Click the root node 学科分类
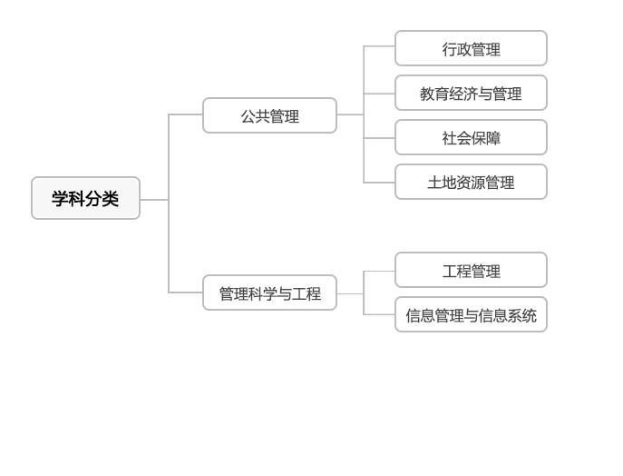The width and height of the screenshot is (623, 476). click(x=85, y=198)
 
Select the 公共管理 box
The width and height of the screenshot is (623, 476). click(x=269, y=115)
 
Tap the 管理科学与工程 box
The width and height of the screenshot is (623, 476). click(x=269, y=293)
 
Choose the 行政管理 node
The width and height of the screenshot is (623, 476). click(x=471, y=48)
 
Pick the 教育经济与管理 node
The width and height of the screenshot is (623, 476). click(x=471, y=93)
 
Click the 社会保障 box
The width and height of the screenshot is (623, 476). click(x=471, y=137)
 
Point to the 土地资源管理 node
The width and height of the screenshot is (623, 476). click(x=471, y=182)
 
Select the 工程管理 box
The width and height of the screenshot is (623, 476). click(x=471, y=270)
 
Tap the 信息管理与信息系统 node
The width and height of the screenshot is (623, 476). click(x=471, y=314)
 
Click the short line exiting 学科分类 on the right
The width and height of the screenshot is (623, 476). click(x=154, y=199)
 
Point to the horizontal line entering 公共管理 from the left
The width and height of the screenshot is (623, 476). click(x=186, y=114)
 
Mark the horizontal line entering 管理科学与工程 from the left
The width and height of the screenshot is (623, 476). click(x=186, y=293)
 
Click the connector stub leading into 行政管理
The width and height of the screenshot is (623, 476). click(x=379, y=45)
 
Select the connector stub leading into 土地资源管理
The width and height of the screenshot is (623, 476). click(x=379, y=183)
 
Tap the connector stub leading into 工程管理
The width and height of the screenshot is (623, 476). click(x=379, y=271)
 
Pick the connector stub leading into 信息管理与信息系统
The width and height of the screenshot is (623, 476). click(x=379, y=314)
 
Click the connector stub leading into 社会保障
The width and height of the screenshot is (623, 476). click(x=379, y=138)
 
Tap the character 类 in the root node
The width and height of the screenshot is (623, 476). click(x=110, y=199)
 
